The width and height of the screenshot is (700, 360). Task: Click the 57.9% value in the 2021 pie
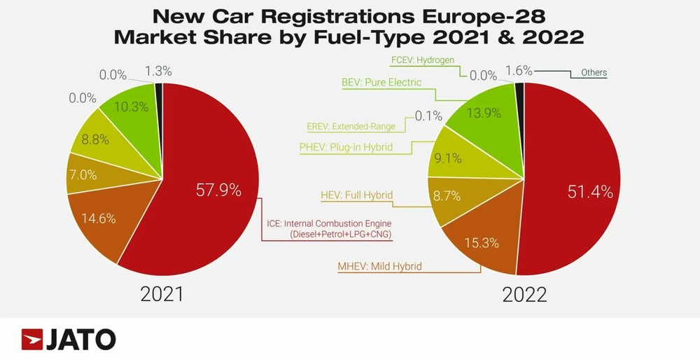point(219,191)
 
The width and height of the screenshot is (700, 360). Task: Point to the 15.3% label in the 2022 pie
point(479,242)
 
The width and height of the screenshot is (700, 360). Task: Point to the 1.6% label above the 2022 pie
point(519,71)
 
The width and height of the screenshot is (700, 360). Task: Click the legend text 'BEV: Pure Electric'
point(381,83)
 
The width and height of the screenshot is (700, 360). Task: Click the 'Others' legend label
point(594,73)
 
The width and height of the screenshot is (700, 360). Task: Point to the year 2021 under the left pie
point(162,294)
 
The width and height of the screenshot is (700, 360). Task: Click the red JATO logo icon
point(32,340)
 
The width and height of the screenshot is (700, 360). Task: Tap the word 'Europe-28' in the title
point(495,15)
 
